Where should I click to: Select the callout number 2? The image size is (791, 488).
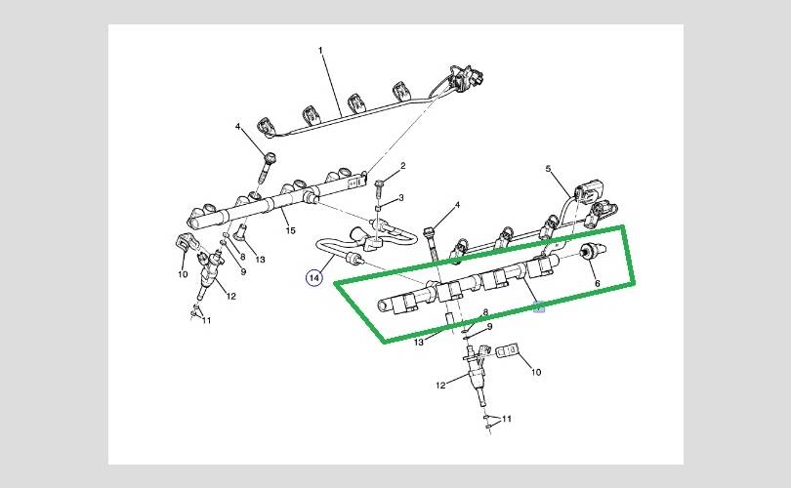[401, 167]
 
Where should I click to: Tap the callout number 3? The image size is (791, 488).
[399, 198]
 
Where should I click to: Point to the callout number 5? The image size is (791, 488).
[550, 170]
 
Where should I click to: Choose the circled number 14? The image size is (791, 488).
[314, 278]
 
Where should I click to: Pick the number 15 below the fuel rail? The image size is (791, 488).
[289, 230]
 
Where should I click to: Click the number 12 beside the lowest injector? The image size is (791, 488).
[440, 385]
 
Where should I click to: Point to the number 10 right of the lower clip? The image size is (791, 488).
[535, 372]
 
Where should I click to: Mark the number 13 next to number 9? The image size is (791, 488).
[260, 259]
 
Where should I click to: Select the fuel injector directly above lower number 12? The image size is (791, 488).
[476, 372]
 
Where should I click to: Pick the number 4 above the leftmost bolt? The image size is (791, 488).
[237, 127]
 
